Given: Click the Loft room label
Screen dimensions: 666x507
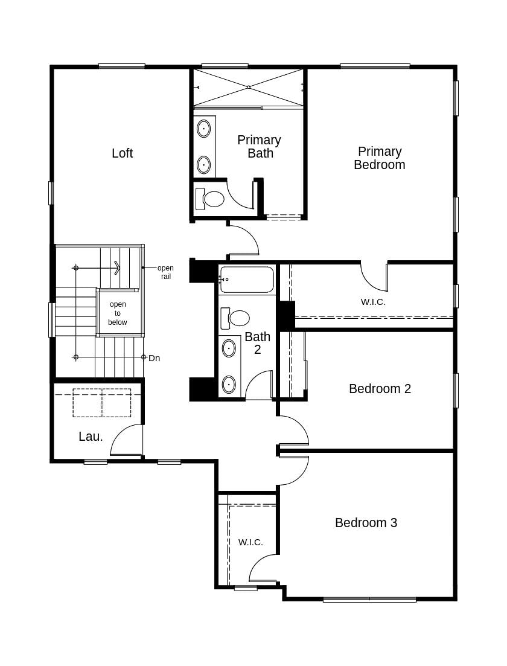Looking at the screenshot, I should point(122,153).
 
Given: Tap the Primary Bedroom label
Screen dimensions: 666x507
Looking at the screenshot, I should point(379,158).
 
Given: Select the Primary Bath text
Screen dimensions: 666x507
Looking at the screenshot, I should point(259,147).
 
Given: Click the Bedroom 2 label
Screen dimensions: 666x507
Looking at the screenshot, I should point(380,389).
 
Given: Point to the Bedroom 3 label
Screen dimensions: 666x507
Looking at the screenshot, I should point(366,523).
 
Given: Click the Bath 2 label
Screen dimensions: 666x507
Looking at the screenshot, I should point(257,343).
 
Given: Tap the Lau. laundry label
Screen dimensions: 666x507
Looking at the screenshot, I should point(91,437).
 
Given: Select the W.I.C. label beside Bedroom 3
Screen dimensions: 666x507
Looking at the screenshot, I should point(250,542).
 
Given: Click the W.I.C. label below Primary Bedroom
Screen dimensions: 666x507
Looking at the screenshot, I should point(373,302).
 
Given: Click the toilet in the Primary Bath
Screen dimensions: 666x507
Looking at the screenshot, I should point(211,199).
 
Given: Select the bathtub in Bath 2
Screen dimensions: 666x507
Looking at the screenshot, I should point(246,280).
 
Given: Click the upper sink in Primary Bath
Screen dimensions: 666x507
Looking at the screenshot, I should point(204,129).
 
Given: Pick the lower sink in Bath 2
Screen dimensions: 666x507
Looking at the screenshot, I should point(229,384).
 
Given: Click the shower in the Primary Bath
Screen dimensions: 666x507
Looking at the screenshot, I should point(248,88).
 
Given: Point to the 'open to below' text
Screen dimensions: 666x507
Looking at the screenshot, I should point(118,313).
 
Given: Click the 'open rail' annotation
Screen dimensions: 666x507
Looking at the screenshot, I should point(165,272).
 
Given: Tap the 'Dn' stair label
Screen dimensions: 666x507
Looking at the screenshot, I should point(154,358).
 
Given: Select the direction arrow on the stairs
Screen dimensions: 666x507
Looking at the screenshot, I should point(116,267).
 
